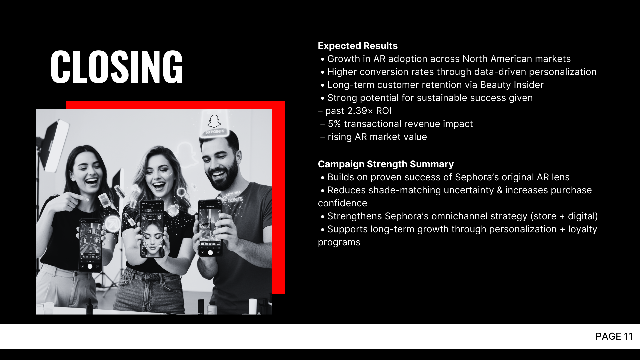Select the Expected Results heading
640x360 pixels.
pos(358,46)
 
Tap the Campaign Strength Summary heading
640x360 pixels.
pos(386,164)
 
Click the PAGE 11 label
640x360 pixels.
pos(614,336)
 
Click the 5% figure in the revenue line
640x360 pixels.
pos(334,124)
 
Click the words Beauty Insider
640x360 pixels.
pos(512,85)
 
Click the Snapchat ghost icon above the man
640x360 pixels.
pos(214,121)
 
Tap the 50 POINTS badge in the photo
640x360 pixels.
pos(215,132)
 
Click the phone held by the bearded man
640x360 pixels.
pos(210,228)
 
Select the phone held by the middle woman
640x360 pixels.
pos(152,229)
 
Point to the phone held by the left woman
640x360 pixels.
pos(90,245)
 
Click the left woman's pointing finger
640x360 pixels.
pos(80,198)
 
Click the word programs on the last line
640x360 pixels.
pos(339,242)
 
